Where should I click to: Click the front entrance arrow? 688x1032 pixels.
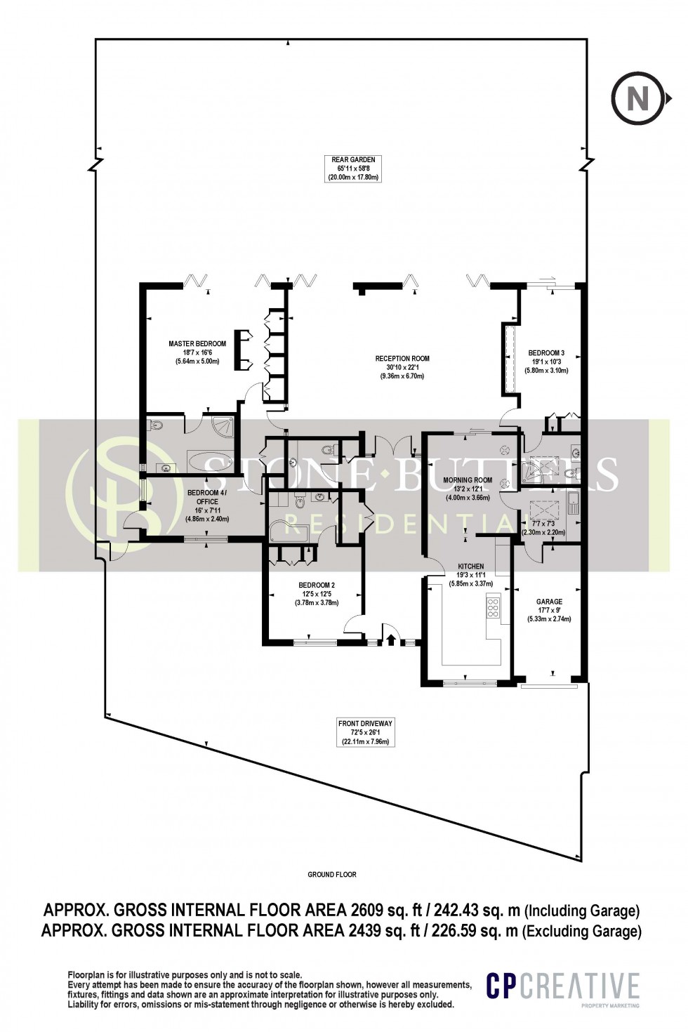(390, 639)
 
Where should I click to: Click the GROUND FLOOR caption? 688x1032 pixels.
(332, 875)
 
